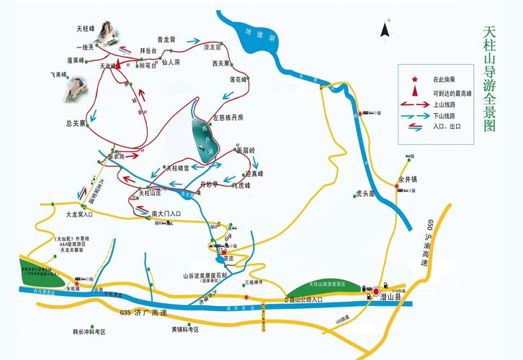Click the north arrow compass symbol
(385, 30)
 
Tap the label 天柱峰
(86, 29)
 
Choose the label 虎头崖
(367, 194)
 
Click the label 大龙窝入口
(80, 214)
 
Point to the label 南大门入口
(166, 214)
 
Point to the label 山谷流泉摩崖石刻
(205, 275)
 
